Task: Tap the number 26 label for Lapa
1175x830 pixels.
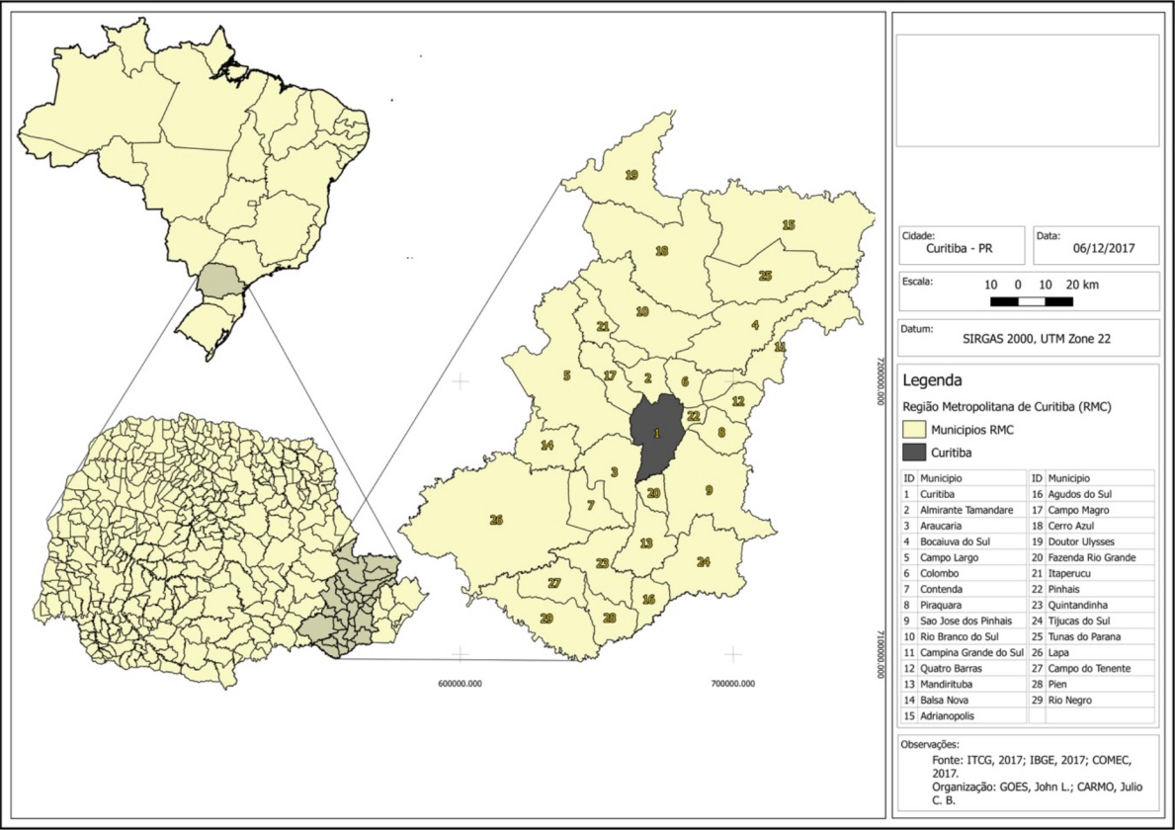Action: [x=496, y=520]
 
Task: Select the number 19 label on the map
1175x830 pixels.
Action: [x=631, y=175]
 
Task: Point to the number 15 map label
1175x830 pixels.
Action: [x=789, y=225]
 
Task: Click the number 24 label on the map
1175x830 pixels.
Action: [x=704, y=562]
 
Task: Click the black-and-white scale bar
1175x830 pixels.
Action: [x=1032, y=300]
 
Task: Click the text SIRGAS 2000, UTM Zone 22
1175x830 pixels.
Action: [x=1036, y=338]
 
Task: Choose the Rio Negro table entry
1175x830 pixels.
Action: [x=1072, y=700]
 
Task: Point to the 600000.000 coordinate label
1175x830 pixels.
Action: [x=460, y=683]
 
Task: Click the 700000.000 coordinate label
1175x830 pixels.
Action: [x=731, y=683]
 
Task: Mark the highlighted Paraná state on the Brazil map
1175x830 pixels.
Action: [x=218, y=282]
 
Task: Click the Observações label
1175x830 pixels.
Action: [x=931, y=744]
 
